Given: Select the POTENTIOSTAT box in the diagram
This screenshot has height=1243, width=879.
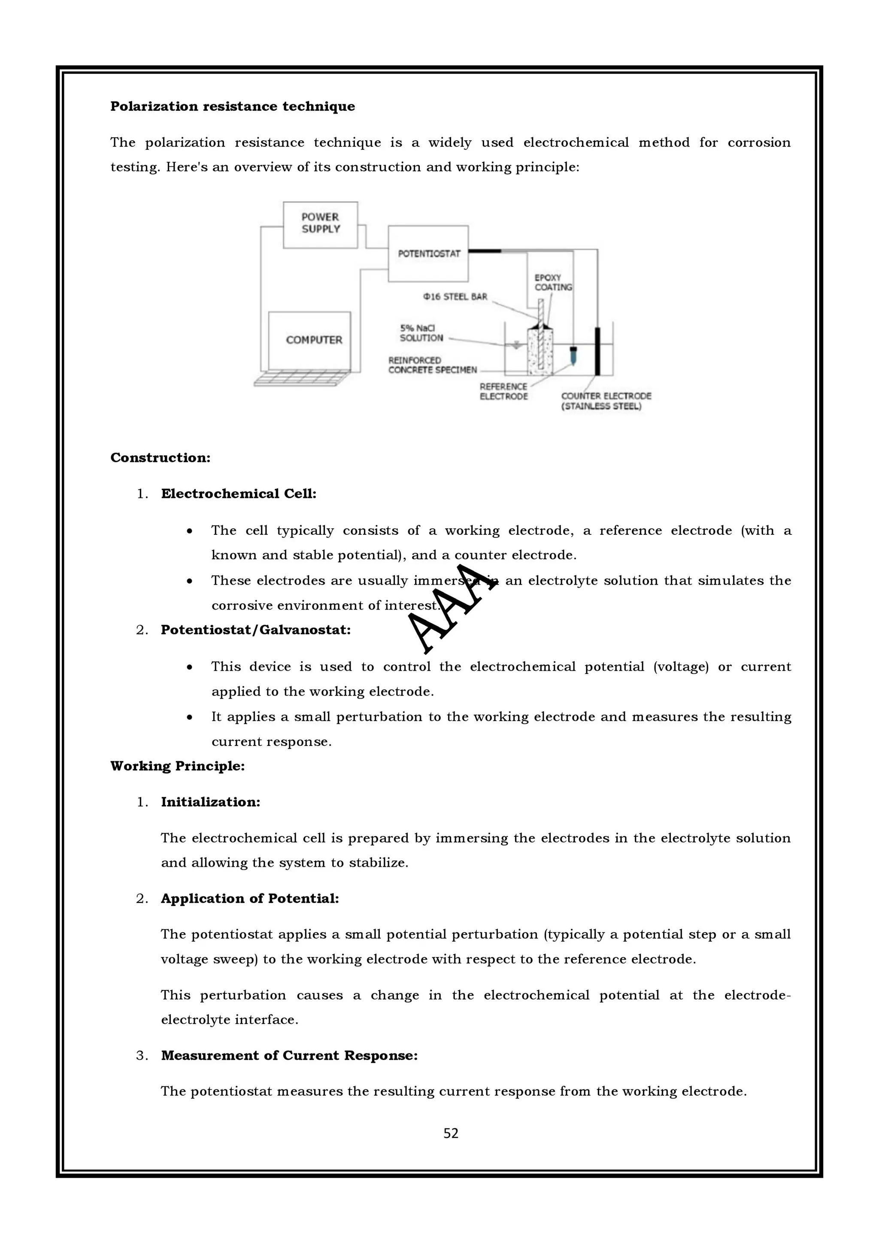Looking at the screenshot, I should (428, 253).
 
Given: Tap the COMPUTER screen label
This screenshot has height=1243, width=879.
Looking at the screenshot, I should (314, 340).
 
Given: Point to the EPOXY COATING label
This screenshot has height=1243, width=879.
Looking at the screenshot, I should (553, 282).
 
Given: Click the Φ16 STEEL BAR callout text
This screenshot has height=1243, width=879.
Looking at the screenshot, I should (455, 297).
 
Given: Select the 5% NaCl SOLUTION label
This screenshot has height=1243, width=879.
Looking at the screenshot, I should (421, 333).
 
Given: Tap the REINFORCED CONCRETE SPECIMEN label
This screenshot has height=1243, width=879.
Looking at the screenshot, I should (432, 365).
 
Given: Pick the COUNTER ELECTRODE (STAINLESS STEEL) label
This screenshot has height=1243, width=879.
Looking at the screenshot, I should (606, 401).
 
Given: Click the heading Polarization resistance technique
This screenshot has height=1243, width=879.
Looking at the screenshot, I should (232, 106).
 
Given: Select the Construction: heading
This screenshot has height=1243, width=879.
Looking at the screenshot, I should (161, 458).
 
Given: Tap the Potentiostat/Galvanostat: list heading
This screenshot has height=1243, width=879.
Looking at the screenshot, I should (256, 630).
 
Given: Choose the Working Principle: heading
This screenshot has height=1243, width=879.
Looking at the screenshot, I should (178, 766).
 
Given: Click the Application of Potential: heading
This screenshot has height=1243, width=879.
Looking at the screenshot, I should (250, 898).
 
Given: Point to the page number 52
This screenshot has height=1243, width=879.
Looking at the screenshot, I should (451, 1133).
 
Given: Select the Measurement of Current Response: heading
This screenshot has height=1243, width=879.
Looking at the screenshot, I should (289, 1055).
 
